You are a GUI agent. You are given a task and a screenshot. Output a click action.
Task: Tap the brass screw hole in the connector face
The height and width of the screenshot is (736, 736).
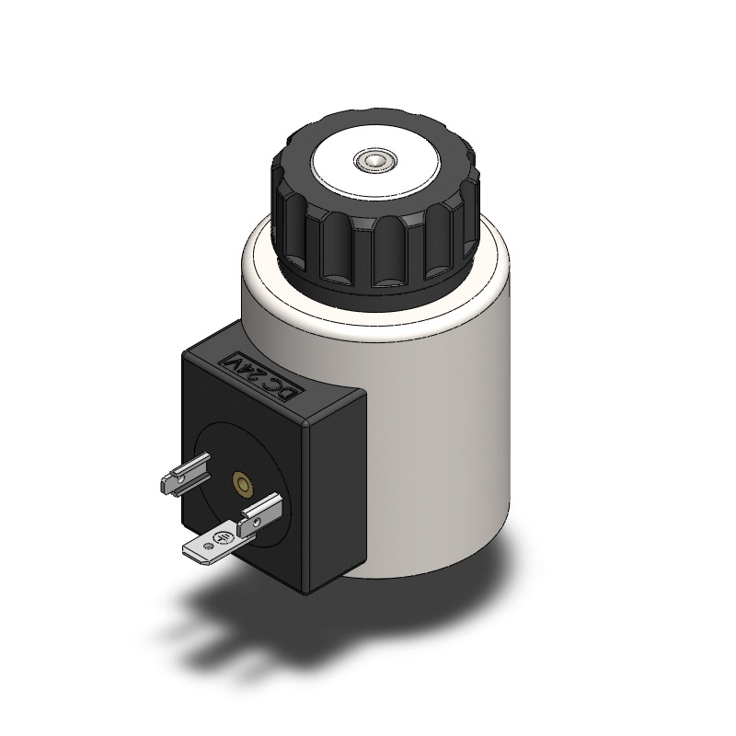pyautogui.click(x=244, y=483)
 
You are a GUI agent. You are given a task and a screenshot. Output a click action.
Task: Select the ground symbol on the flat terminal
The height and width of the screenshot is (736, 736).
pyautogui.click(x=221, y=539)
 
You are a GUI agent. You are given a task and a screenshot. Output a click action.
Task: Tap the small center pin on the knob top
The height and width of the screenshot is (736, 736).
pyautogui.click(x=372, y=163)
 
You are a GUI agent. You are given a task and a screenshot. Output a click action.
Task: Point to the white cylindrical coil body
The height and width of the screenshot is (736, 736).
pyautogui.click(x=442, y=414)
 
